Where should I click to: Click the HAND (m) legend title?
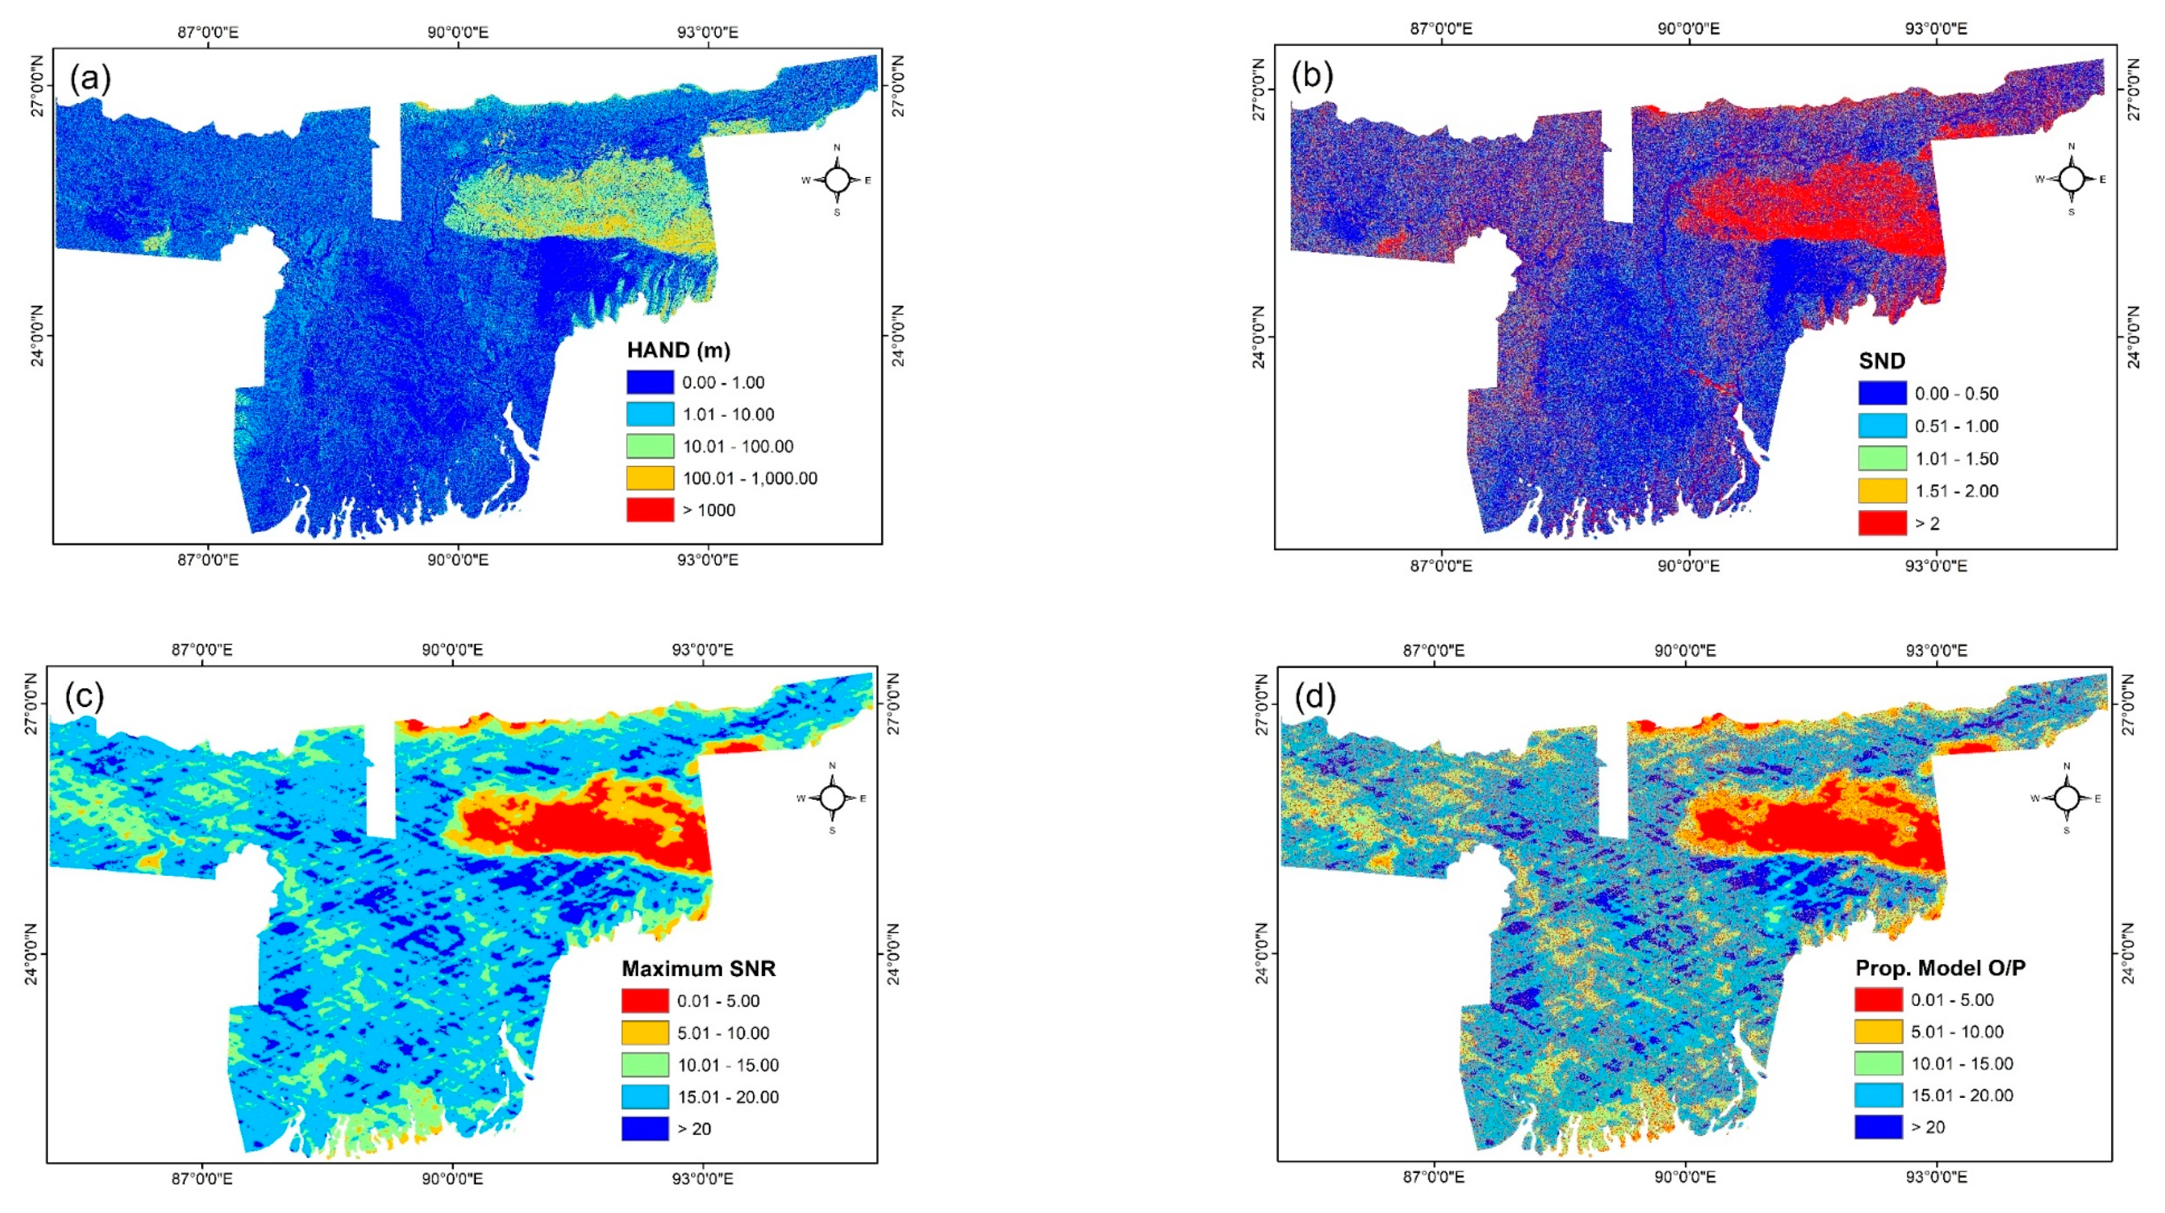pyautogui.click(x=678, y=350)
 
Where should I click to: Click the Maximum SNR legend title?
pyautogui.click(x=698, y=969)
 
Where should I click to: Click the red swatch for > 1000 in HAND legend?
pyautogui.click(x=649, y=510)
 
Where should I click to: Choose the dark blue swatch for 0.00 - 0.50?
pyautogui.click(x=1882, y=393)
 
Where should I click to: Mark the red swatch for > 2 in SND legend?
pyautogui.click(x=1882, y=523)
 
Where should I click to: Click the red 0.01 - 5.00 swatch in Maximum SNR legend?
pyautogui.click(x=645, y=1000)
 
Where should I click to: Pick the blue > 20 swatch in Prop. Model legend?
pyautogui.click(x=1878, y=1127)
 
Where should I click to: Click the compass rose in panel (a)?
pyautogui.click(x=836, y=180)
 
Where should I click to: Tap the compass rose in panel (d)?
pyautogui.click(x=2067, y=798)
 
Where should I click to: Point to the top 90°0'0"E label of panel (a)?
pyautogui.click(x=458, y=32)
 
